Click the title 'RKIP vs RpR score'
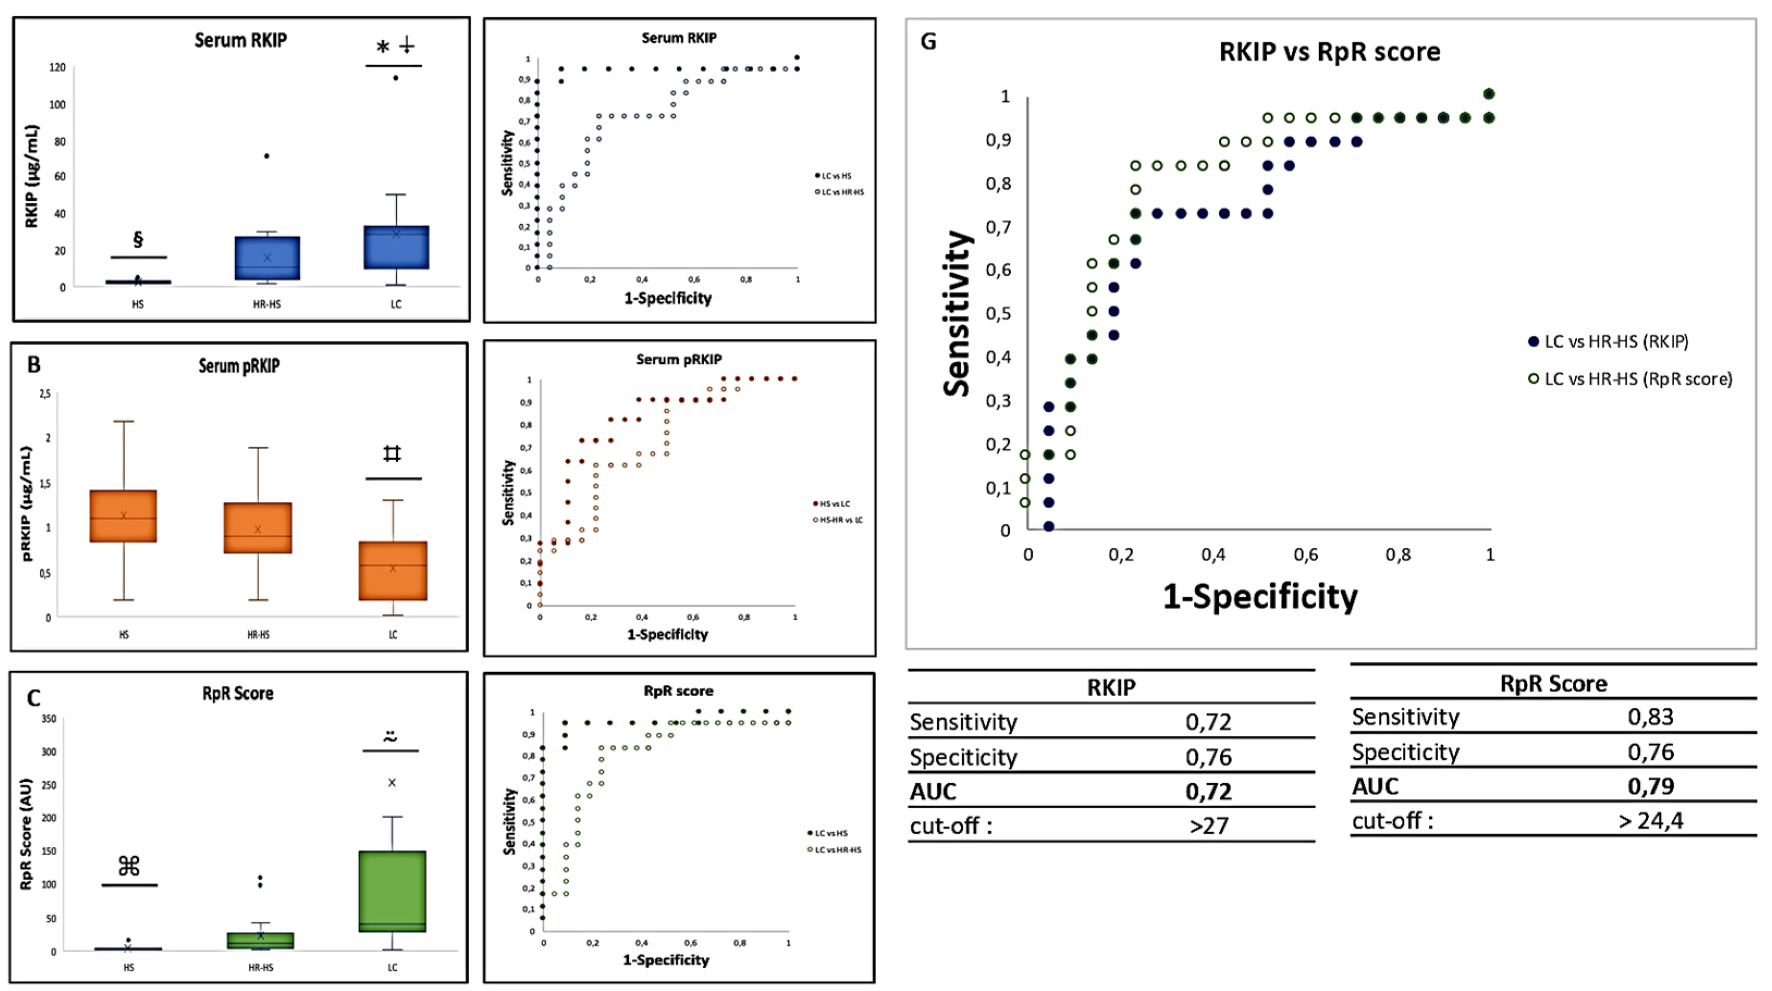[x=1329, y=52]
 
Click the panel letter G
[x=928, y=42]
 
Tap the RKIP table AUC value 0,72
[x=1208, y=791]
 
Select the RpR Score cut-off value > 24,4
[x=1650, y=820]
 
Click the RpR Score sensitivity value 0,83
[x=1650, y=717]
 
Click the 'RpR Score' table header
[x=1553, y=683]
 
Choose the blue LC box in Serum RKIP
[x=396, y=247]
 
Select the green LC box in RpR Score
[x=392, y=891]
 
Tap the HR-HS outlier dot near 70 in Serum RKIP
[x=267, y=156]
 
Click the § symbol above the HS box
[x=138, y=239]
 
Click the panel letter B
[x=34, y=364]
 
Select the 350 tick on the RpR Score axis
[x=49, y=719]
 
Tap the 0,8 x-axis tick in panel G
[x=1398, y=554]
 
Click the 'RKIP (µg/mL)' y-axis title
[x=32, y=176]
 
